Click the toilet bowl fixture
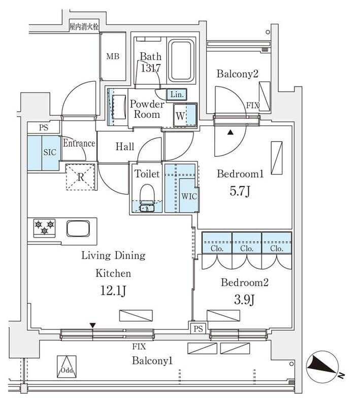147,195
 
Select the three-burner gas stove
44,227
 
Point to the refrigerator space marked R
81,177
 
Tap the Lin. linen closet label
177,94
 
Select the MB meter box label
113,56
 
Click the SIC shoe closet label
50,152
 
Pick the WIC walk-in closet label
189,196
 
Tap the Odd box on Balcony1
67,366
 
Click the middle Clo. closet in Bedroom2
247,249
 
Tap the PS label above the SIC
43,127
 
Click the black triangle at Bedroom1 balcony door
231,133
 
